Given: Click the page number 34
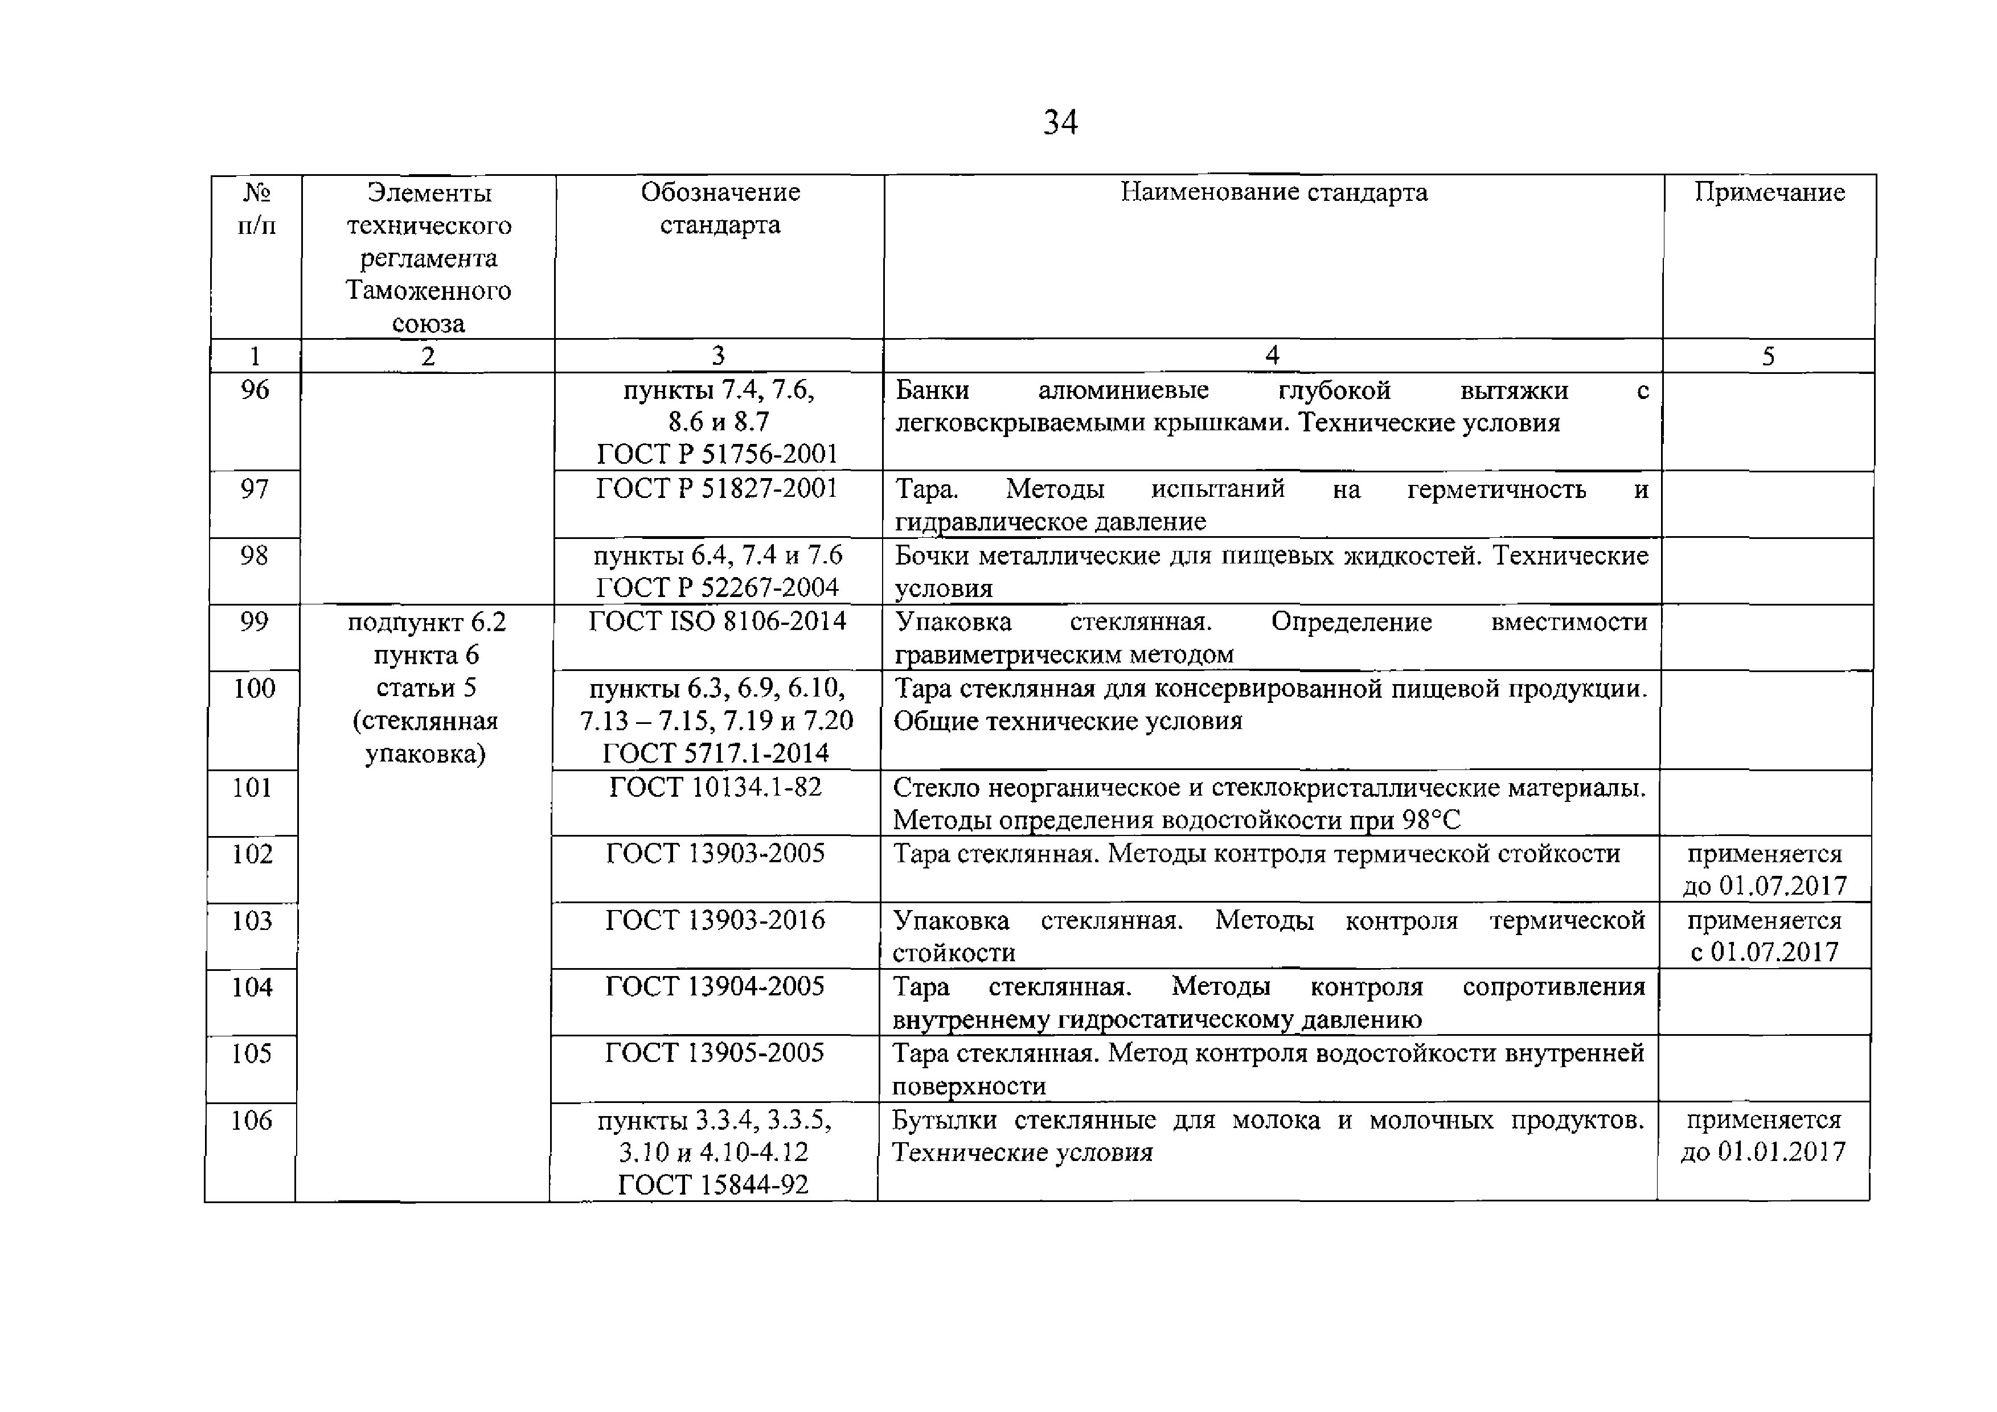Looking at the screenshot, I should point(1060,122).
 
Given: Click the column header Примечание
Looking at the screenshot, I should point(1769,192).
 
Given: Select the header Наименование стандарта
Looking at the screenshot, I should point(1273,192).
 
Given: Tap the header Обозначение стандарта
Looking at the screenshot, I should point(720,209).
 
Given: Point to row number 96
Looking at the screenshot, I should point(255,389).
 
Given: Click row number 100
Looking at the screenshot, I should point(254,688).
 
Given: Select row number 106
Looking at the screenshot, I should point(251,1120).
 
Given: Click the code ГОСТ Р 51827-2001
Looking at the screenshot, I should point(717,489).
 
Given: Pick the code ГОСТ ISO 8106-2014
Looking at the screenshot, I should point(717,621).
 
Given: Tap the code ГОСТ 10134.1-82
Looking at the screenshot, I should point(715,787).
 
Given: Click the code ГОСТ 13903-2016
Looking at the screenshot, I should point(715,919).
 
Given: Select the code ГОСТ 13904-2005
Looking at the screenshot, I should point(714,986).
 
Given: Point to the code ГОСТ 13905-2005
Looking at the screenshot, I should point(714,1053).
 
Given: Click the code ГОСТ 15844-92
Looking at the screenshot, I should point(713,1184).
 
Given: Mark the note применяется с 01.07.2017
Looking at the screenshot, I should point(1764,936).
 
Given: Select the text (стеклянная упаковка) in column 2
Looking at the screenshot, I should point(425,736).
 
